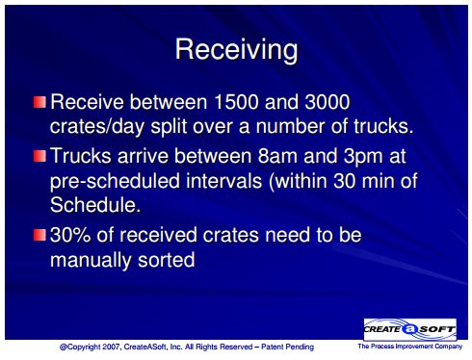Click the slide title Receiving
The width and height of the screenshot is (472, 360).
pyautogui.click(x=236, y=50)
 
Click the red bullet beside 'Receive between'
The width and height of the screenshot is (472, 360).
pyautogui.click(x=39, y=102)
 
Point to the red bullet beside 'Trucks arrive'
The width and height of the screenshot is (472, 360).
pyautogui.click(x=39, y=156)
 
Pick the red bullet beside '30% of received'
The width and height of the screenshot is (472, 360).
pyautogui.click(x=39, y=235)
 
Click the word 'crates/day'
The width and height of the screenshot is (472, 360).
pyautogui.click(x=97, y=127)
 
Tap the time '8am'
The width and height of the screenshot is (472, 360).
pyautogui.click(x=277, y=156)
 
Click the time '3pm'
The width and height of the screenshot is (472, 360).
pyautogui.click(x=363, y=157)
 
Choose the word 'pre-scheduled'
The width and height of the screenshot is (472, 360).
pyautogui.click(x=115, y=181)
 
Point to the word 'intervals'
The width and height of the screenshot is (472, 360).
pyautogui.click(x=224, y=180)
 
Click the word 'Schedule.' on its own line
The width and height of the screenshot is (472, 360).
pyautogui.click(x=95, y=204)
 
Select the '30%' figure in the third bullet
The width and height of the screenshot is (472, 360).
pyautogui.click(x=70, y=235)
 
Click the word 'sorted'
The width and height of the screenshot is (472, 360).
pyautogui.click(x=167, y=260)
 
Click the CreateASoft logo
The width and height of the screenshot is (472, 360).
pyautogui.click(x=410, y=329)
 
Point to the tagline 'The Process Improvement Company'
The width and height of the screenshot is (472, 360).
pyautogui.click(x=410, y=347)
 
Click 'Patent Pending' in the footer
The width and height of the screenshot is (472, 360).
pyautogui.click(x=287, y=347)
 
